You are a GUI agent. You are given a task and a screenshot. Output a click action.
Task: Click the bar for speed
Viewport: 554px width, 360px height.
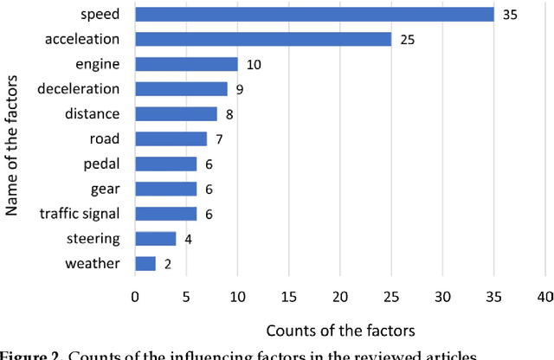[x=313, y=14]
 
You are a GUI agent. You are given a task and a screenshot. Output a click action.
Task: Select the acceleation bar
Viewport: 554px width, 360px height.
[x=262, y=39]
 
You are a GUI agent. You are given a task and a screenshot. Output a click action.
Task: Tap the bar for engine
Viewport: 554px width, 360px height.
[x=185, y=64]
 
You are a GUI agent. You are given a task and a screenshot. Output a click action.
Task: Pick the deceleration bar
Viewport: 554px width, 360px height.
[x=180, y=89]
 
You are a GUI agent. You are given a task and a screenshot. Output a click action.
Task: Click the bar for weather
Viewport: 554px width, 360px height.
[x=145, y=264]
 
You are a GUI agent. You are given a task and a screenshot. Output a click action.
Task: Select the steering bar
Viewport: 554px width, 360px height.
[x=155, y=239]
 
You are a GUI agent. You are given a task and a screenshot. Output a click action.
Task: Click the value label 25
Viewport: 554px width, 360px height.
[x=406, y=40]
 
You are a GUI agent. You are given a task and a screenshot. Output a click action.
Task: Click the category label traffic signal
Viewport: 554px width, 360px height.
[x=81, y=214]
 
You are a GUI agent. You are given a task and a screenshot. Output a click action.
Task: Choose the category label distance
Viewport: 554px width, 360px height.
[x=93, y=113]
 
